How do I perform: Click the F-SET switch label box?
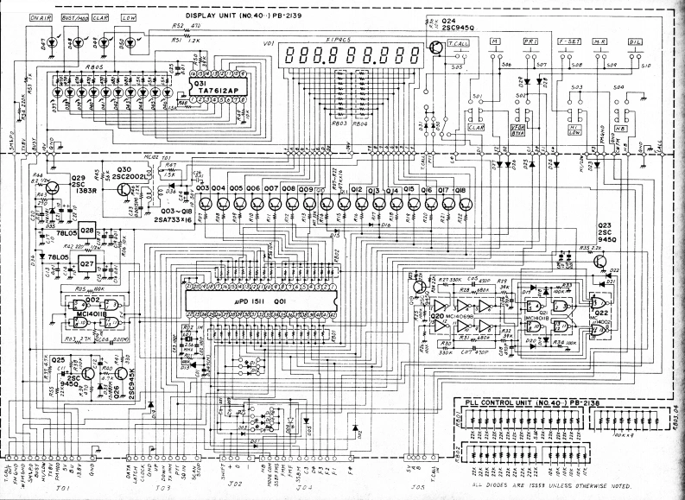click(569, 41)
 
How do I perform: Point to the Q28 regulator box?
click(87, 231)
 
